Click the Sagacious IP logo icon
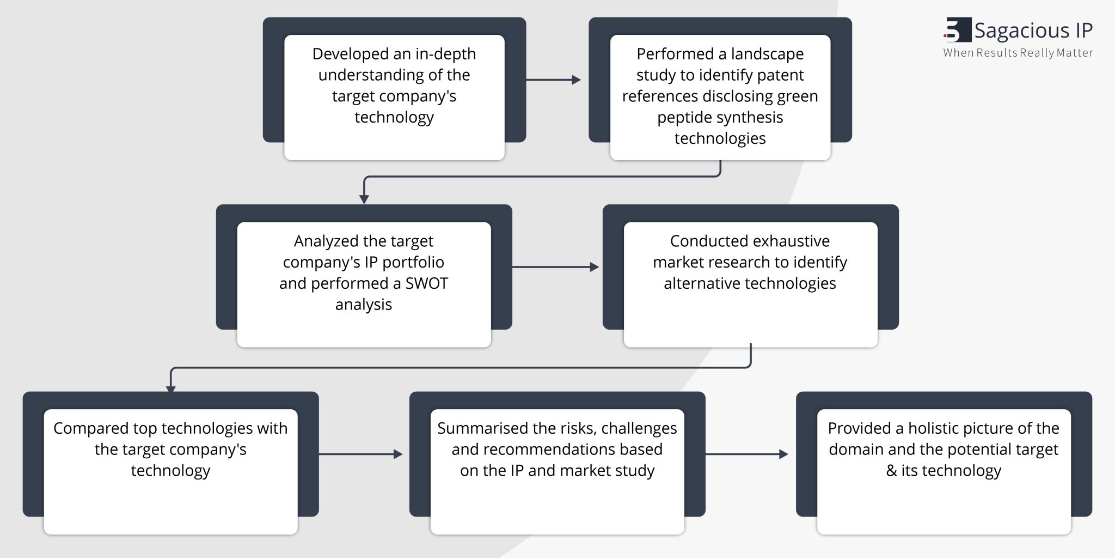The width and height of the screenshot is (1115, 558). coord(957,30)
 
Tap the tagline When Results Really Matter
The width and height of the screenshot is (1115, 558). coord(1018,53)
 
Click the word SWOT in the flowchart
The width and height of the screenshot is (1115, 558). coord(426,283)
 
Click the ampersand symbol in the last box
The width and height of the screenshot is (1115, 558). coord(891,471)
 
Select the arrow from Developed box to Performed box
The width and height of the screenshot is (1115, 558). coord(553,80)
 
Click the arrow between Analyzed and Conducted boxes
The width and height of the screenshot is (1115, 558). coord(555,267)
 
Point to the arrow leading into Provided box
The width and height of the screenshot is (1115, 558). coord(746,454)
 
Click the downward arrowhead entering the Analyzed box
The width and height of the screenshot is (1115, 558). coord(364,199)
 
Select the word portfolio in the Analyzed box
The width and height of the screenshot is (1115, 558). coord(413,262)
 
